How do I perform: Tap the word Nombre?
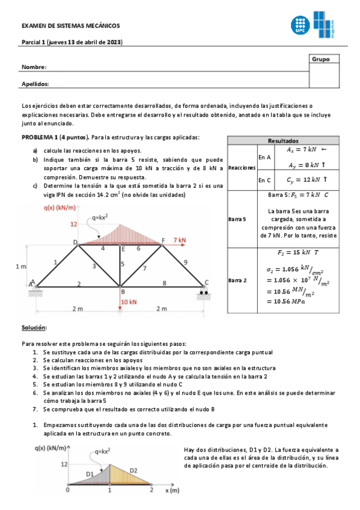[x=34, y=67]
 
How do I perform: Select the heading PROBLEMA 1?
[x=39, y=138]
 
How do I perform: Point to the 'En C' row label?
[x=265, y=179]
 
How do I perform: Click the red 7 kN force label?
[x=180, y=239]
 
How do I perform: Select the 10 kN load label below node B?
[x=130, y=301]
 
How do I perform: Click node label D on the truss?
[x=76, y=242]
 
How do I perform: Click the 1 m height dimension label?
[x=20, y=265]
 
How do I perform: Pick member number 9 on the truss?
[x=185, y=262]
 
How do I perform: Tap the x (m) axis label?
[x=173, y=490]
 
